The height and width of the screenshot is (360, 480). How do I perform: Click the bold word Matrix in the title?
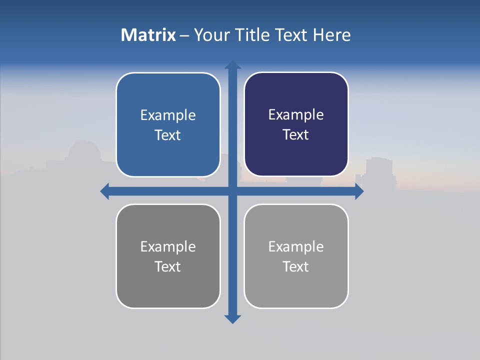[148, 35]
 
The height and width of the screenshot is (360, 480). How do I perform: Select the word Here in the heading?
[332, 35]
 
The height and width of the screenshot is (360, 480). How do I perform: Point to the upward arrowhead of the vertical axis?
[232, 65]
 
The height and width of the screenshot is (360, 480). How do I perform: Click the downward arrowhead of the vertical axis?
[232, 318]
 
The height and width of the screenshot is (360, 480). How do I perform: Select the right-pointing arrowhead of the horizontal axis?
[359, 191]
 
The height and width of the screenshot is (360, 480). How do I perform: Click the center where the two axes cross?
[232, 191]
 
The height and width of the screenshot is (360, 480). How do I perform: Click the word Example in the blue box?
[168, 115]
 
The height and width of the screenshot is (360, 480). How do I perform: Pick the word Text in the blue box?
[168, 135]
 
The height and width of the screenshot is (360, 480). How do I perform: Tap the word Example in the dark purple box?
[296, 115]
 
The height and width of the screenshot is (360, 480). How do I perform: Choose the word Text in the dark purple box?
[296, 135]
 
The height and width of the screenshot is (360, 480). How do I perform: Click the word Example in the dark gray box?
[168, 247]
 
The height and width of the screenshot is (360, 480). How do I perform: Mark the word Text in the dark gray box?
[168, 267]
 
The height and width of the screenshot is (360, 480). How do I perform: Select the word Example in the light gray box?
[296, 247]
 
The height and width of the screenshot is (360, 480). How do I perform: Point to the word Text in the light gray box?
[296, 267]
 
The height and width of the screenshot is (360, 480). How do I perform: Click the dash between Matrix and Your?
[184, 35]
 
